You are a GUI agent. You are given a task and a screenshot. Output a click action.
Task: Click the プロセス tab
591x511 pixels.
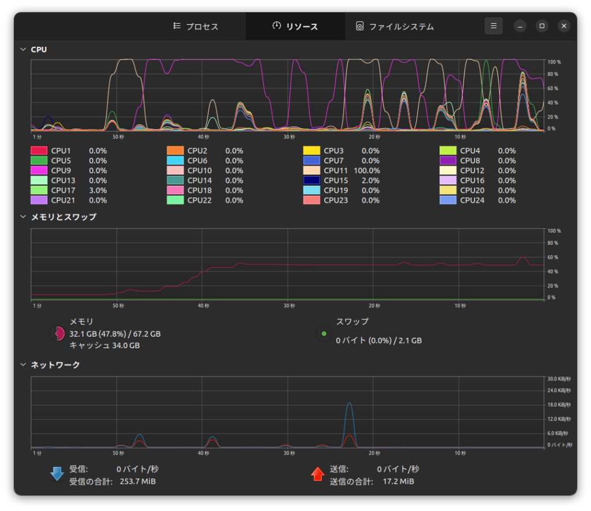(x=196, y=27)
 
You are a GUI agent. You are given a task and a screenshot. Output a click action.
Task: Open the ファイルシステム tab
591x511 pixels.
(x=395, y=27)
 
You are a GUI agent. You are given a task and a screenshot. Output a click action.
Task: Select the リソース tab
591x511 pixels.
(x=295, y=27)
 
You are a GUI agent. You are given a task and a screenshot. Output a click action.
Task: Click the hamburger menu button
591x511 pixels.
(x=493, y=26)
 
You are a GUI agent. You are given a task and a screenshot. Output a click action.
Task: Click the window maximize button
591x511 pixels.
(x=541, y=26)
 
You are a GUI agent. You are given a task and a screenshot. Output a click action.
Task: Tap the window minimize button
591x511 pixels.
(x=520, y=26)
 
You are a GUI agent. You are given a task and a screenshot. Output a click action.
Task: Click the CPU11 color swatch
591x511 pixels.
(x=311, y=170)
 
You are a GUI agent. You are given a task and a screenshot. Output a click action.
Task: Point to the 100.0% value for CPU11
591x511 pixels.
(x=366, y=170)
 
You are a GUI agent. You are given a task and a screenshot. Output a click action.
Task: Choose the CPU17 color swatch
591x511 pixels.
(x=39, y=190)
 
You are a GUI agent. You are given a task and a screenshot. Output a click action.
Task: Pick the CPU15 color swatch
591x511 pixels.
(x=311, y=180)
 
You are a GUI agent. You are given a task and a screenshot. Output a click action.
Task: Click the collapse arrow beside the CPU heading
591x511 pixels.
(x=23, y=50)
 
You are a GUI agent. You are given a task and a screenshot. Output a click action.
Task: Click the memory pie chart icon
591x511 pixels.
(x=58, y=333)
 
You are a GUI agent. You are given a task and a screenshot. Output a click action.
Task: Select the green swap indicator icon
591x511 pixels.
(x=324, y=333)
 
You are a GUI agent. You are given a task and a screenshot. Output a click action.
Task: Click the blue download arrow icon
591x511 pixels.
(x=57, y=474)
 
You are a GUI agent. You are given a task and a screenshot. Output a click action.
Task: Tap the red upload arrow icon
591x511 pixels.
(x=317, y=474)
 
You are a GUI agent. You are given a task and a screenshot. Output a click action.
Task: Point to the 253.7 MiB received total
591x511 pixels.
(x=137, y=481)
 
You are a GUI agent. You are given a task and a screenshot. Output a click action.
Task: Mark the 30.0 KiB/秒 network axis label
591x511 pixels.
(x=559, y=379)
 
